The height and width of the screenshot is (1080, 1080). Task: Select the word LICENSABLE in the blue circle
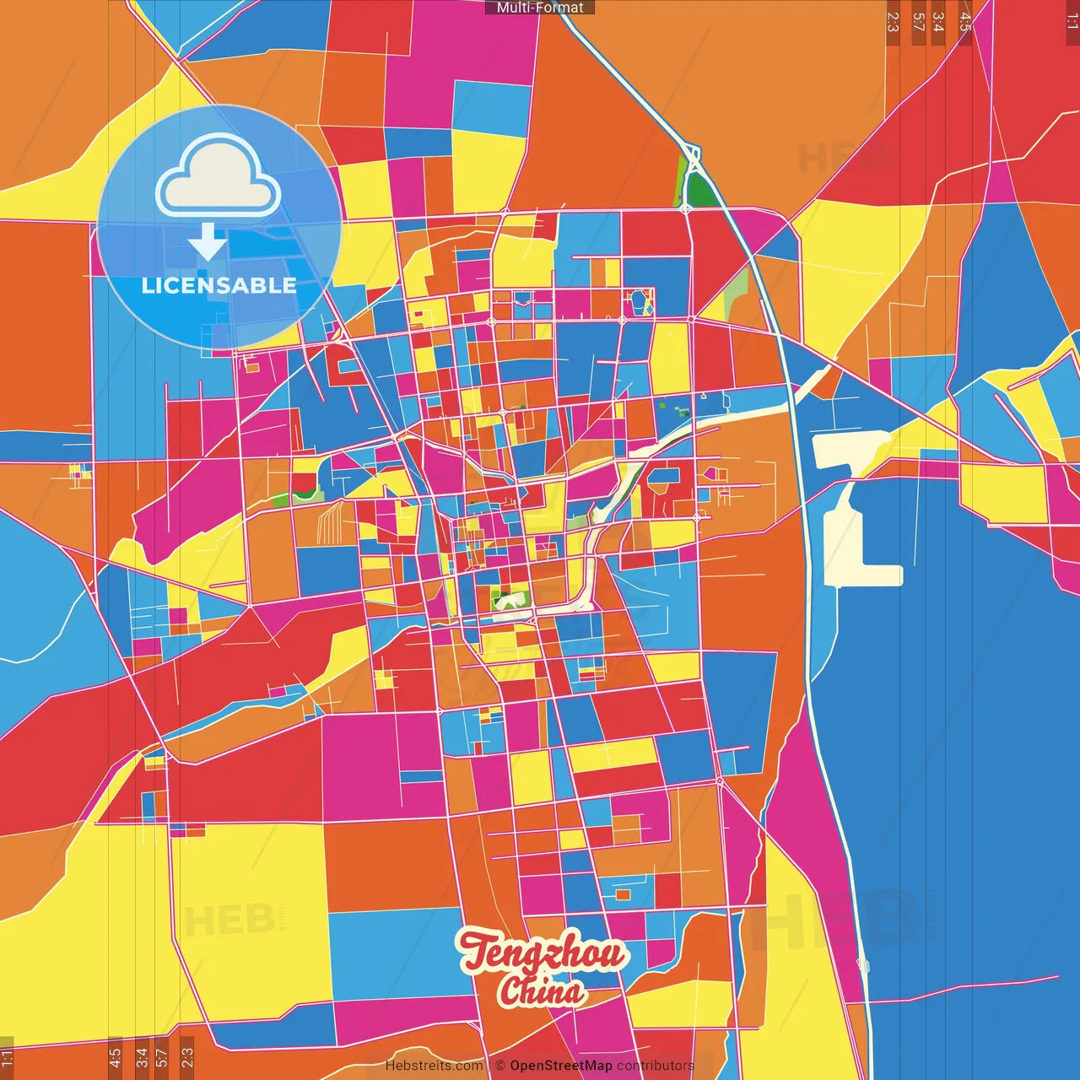[x=219, y=285]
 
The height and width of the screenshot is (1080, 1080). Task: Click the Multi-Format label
[x=540, y=8]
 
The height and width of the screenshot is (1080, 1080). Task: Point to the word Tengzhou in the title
[x=543, y=952]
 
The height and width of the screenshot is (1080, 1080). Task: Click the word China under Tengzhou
[x=541, y=991]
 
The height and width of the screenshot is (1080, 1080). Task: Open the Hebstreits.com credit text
[x=434, y=1066]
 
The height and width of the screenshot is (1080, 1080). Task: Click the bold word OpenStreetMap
[x=560, y=1066]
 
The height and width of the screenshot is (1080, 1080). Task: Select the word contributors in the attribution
[x=656, y=1066]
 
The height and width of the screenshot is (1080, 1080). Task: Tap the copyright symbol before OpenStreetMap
[x=499, y=1066]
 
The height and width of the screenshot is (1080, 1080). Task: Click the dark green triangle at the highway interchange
[x=699, y=191]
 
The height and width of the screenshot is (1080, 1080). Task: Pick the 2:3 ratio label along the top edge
[x=893, y=22]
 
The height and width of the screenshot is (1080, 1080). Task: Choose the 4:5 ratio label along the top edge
[x=965, y=22]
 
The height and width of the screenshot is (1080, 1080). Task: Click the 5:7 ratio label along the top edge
[x=917, y=22]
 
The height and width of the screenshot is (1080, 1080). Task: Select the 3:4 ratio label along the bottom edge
[x=141, y=1056]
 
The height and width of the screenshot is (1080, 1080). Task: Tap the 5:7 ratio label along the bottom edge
[x=162, y=1056]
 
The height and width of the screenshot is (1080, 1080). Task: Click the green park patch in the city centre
[x=509, y=600]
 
